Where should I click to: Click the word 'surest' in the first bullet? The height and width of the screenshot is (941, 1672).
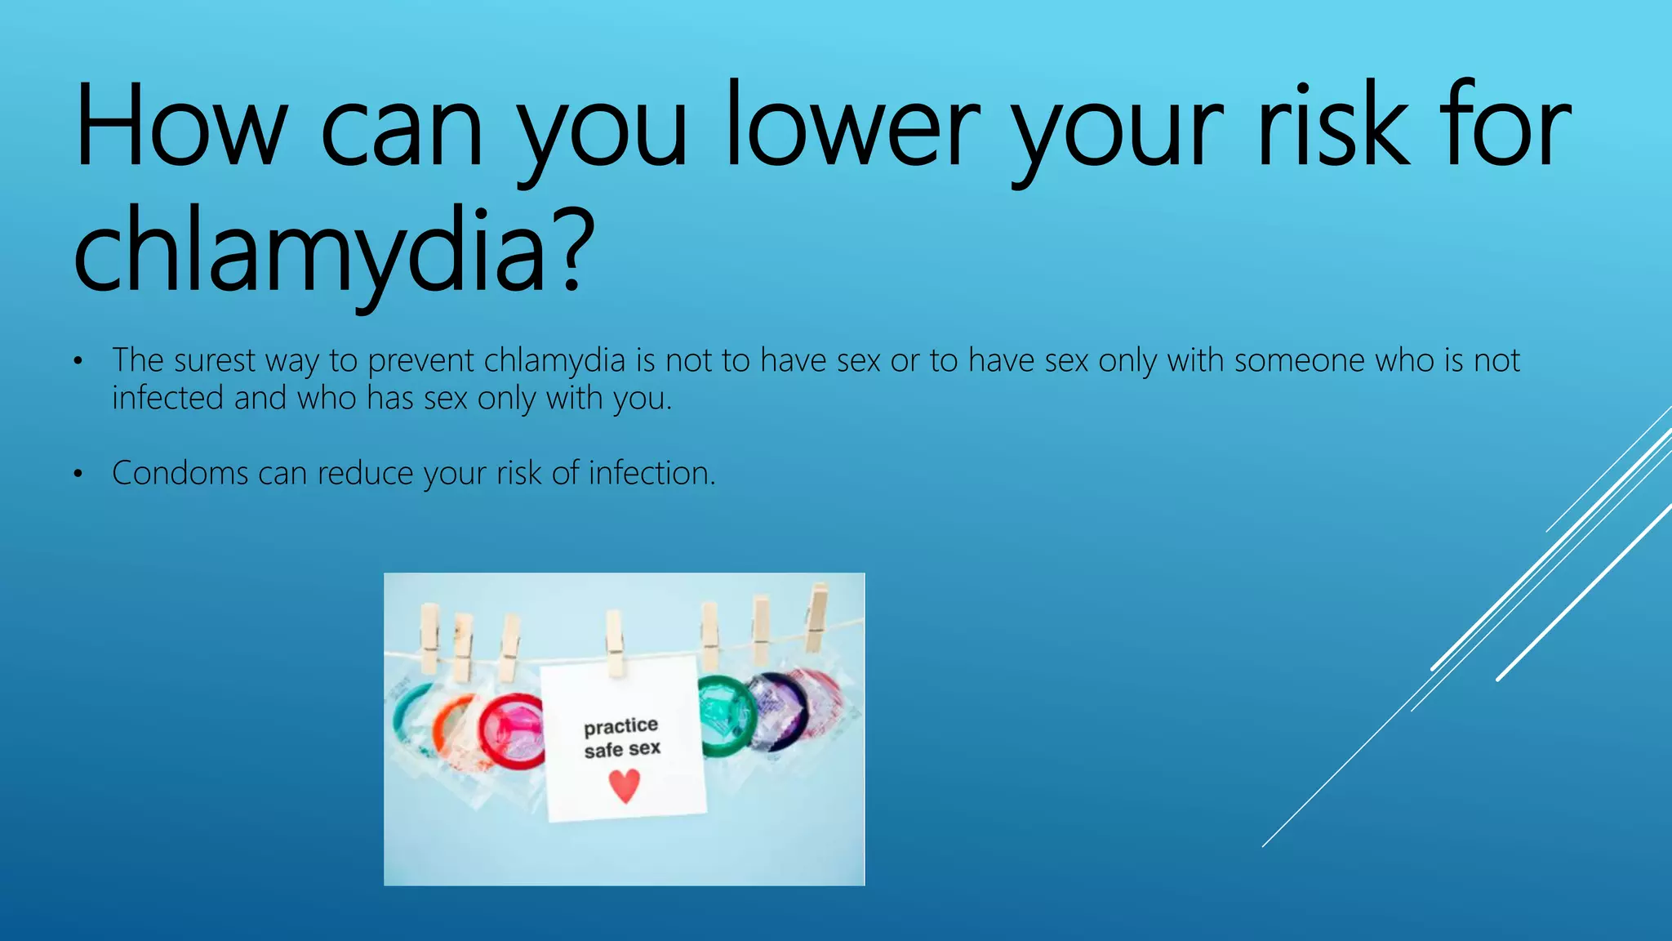point(214,360)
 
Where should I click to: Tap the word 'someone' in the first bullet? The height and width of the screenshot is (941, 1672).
point(1299,360)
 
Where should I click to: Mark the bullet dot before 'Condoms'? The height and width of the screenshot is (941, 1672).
point(78,475)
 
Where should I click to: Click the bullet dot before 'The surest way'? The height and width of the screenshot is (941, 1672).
point(78,362)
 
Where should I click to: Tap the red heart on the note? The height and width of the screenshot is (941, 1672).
point(625,785)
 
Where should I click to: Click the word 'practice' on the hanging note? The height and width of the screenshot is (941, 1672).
point(620,726)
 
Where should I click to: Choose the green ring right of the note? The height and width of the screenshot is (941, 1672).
point(723,715)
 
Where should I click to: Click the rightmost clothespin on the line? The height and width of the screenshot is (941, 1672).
point(817,618)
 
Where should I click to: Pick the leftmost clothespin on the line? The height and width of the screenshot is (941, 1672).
point(429,638)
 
